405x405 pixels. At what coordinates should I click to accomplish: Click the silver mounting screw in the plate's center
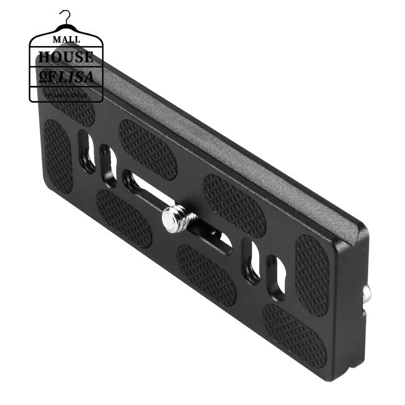pyautogui.click(x=174, y=218)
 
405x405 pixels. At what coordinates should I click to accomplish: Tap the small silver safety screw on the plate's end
pyautogui.click(x=368, y=293)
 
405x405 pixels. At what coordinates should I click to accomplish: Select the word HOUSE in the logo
pyautogui.click(x=66, y=57)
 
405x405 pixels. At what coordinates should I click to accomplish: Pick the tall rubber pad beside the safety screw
pyautogui.click(x=311, y=274)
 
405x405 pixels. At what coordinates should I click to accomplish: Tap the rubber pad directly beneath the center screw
pyautogui.click(x=206, y=274)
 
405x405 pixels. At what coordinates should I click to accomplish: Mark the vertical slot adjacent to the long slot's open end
pyautogui.click(x=108, y=165)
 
